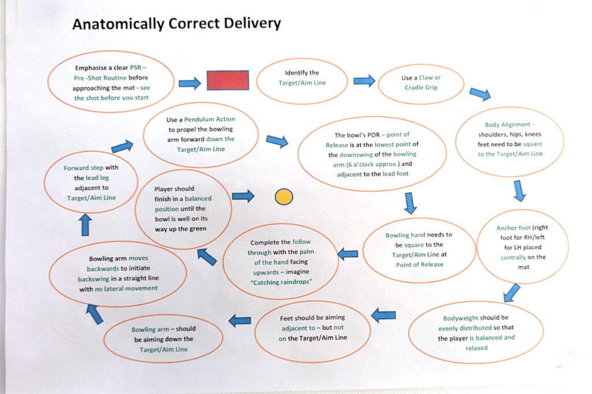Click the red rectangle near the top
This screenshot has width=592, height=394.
click(x=228, y=80)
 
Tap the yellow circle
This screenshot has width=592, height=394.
click(x=284, y=196)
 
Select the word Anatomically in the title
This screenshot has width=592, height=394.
click(x=118, y=24)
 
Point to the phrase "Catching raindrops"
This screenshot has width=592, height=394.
click(x=282, y=282)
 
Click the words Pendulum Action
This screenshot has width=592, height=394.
click(x=209, y=119)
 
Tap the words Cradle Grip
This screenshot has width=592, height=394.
click(x=421, y=88)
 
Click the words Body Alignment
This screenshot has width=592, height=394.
click(x=508, y=125)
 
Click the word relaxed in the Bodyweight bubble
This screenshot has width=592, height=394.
click(x=476, y=348)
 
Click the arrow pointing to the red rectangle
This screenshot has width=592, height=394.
click(x=190, y=83)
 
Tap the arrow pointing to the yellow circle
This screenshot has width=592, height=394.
click(x=243, y=196)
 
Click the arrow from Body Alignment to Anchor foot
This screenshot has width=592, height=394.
click(x=520, y=191)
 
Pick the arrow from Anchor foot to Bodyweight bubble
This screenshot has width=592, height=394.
click(x=512, y=293)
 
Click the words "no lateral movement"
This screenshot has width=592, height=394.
click(x=126, y=289)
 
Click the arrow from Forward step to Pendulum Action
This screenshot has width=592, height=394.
click(x=123, y=146)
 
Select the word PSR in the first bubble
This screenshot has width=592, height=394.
click(x=135, y=68)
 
